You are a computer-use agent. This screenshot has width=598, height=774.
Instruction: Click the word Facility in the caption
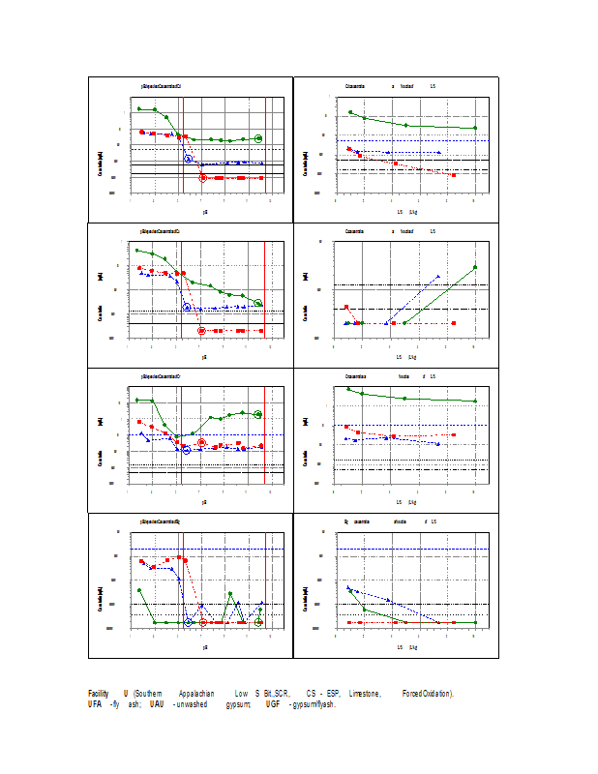click(98, 694)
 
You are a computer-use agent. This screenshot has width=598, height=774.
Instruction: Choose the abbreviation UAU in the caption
click(156, 704)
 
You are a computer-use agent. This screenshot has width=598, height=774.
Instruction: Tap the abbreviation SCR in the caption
click(282, 694)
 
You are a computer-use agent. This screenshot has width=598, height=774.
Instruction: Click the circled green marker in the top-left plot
click(258, 138)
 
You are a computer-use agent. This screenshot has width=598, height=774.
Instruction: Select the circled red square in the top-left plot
click(202, 177)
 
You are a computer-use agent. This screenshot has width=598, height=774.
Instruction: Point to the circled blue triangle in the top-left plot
click(189, 158)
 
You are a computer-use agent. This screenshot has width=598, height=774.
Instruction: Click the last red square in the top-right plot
click(454, 175)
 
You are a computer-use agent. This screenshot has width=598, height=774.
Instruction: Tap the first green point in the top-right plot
click(350, 112)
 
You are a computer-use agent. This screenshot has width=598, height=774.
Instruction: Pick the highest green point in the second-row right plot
click(475, 267)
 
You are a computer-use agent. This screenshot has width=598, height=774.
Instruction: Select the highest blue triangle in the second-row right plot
click(438, 277)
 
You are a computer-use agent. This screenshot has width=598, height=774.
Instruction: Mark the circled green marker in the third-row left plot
click(258, 414)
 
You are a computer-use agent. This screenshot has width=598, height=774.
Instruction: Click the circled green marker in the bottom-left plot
click(258, 622)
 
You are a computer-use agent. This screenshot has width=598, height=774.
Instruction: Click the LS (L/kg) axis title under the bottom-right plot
click(406, 645)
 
